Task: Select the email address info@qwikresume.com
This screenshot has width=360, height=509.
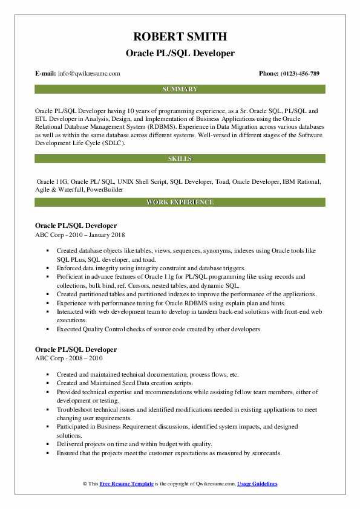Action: (x=90, y=73)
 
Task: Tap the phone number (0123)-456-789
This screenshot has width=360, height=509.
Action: (x=298, y=73)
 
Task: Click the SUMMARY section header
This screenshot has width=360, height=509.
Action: (x=180, y=89)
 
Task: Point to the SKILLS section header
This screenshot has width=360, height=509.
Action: (x=180, y=158)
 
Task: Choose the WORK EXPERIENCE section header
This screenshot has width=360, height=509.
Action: (x=180, y=202)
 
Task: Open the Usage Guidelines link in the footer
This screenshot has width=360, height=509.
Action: (x=257, y=484)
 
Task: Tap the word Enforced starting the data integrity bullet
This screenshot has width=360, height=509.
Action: (x=69, y=267)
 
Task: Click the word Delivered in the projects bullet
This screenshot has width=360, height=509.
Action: (x=70, y=444)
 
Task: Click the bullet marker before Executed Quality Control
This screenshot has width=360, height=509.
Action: (x=47, y=330)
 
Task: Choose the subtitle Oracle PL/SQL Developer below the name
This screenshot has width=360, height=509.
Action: (x=180, y=53)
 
